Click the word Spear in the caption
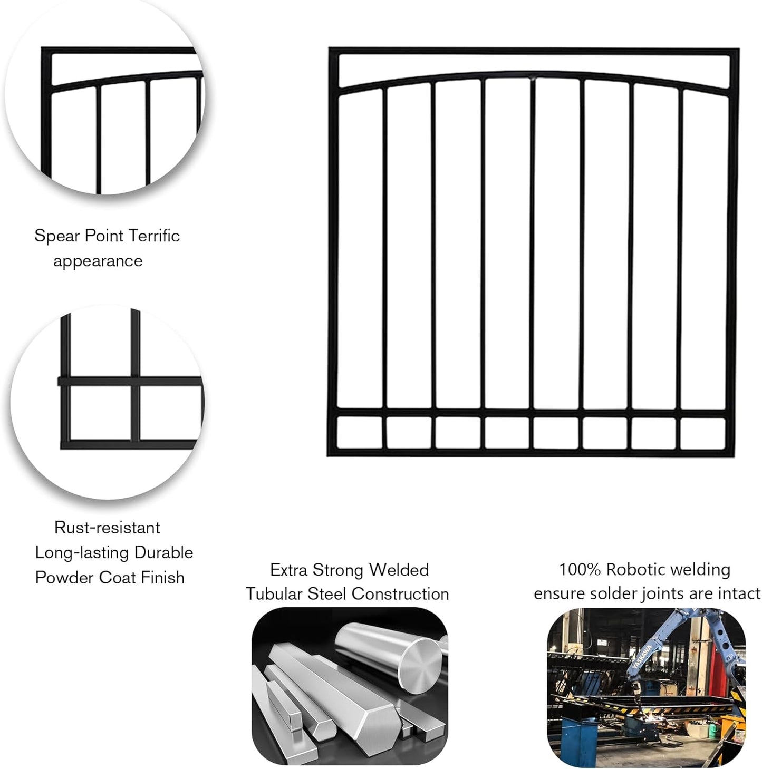coord(57,236)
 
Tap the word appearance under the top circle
coord(98,261)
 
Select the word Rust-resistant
coord(107,528)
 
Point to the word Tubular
coord(274,594)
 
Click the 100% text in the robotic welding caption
coord(580,570)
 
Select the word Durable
coord(164,553)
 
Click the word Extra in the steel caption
coord(288,570)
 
